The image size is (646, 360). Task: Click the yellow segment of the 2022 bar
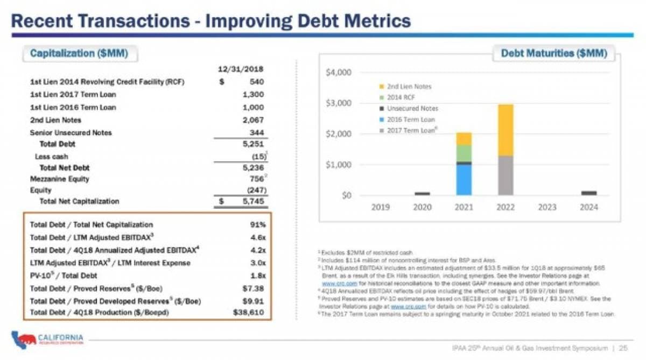coord(505,130)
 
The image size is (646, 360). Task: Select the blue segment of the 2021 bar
coord(464,180)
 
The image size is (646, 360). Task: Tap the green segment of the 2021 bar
coord(464,153)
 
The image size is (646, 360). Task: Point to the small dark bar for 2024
coord(589,193)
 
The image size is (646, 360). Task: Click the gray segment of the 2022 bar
coord(505,175)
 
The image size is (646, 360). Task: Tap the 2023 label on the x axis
coord(547,207)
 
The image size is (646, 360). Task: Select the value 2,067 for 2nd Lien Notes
coord(254,120)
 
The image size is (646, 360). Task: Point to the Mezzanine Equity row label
coord(60,179)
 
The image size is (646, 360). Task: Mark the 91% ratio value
coord(256,225)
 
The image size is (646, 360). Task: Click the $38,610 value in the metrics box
coord(249,312)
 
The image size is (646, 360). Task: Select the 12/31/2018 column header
coord(241,69)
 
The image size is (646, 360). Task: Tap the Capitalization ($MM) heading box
coord(79,53)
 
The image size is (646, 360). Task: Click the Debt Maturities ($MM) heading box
coord(553,53)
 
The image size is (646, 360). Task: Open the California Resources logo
coord(47,340)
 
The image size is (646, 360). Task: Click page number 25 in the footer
coord(623,348)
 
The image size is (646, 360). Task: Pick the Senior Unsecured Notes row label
coord(71,132)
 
